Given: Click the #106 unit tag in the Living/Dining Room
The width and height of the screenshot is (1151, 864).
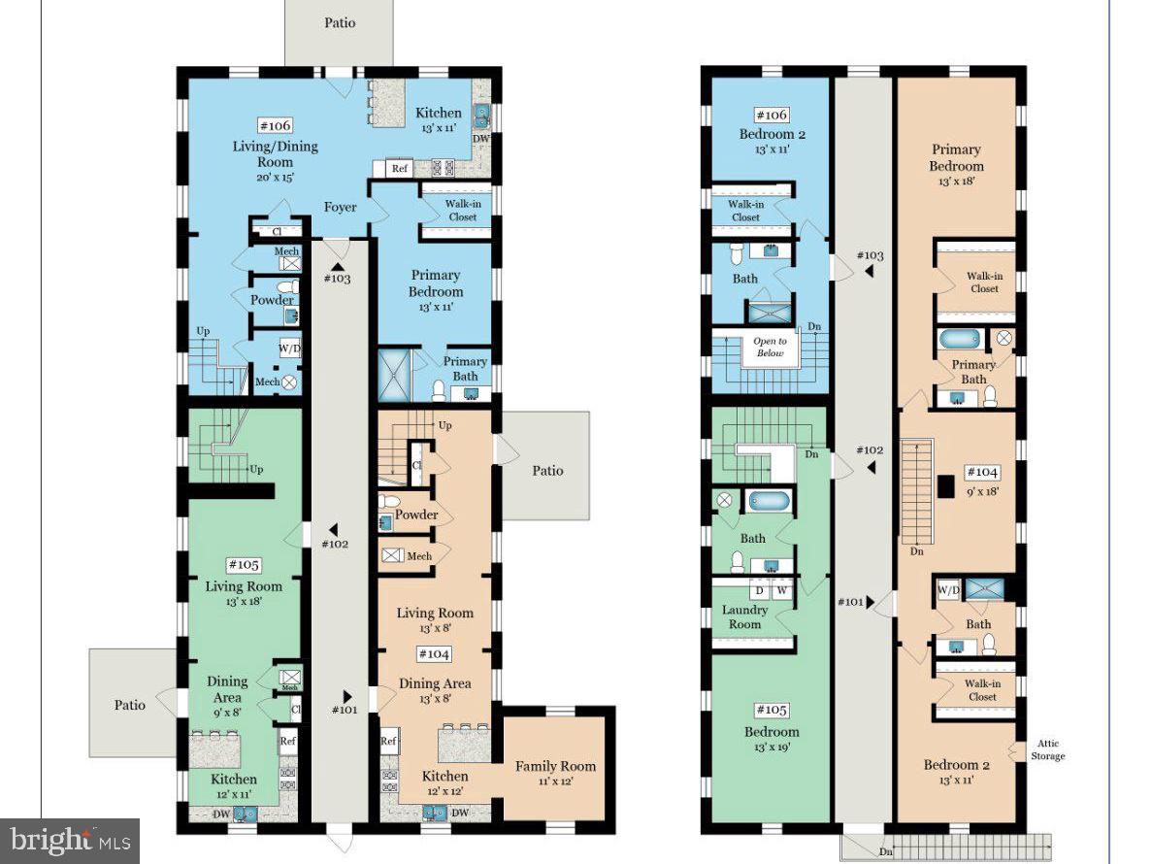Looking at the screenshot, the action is [x=276, y=125].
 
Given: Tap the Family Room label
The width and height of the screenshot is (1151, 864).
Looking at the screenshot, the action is [x=556, y=766].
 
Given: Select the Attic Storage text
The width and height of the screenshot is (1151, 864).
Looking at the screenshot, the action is [x=1047, y=749].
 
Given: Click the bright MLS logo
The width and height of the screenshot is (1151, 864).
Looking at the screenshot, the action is [x=70, y=841].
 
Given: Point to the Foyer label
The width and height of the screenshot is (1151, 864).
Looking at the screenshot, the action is [x=340, y=207].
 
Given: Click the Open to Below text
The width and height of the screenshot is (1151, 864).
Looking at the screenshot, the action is [x=770, y=347].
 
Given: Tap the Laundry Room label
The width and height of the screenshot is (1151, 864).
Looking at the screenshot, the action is [x=744, y=616].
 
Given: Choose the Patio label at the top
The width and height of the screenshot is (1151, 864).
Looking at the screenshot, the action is [x=340, y=22].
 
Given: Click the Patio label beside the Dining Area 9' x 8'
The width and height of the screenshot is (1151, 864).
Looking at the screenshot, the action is [x=130, y=705].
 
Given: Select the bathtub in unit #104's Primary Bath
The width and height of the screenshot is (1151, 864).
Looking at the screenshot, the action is [x=960, y=339].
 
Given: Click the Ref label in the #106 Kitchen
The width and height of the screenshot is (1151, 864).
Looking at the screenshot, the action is [x=399, y=168].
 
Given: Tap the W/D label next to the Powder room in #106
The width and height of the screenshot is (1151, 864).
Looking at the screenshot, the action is [x=290, y=348].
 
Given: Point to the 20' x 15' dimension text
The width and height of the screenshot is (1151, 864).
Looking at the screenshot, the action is [x=276, y=177].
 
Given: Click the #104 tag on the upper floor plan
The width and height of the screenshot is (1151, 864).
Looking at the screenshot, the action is [x=982, y=472].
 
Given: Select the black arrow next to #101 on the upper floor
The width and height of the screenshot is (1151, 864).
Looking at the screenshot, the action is [x=871, y=602].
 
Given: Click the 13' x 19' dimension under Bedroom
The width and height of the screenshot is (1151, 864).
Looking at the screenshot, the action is [x=772, y=748].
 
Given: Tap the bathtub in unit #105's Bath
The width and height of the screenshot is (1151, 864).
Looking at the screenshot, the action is [x=770, y=501].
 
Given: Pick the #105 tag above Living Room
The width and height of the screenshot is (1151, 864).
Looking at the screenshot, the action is [x=244, y=564].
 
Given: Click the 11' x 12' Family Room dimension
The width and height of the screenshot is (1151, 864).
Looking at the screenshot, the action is [x=555, y=781].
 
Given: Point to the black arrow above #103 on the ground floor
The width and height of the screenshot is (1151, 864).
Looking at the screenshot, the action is [x=338, y=266].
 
